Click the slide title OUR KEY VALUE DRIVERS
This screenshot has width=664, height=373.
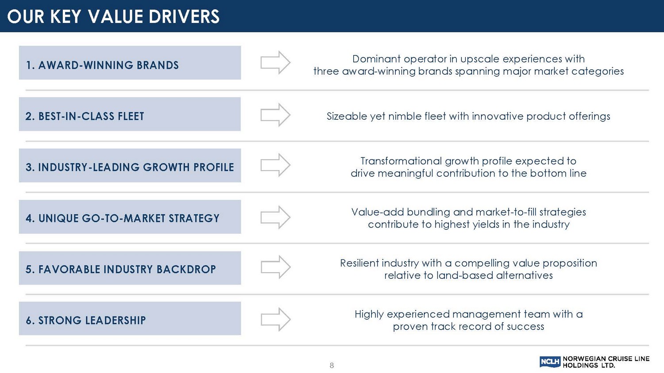coord(113,16)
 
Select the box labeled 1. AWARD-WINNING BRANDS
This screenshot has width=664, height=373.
coord(130,62)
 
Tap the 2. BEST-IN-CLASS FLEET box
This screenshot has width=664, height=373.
coord(130,114)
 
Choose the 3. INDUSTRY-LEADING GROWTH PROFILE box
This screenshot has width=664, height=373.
coord(130,165)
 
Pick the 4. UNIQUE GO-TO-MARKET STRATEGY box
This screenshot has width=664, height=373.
coord(130,217)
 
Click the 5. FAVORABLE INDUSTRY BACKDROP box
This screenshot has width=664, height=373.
coord(130,268)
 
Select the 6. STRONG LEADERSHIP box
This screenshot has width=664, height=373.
coord(130,318)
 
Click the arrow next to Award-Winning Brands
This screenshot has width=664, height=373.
coord(275,62)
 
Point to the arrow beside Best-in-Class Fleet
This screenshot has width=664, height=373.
coord(275,115)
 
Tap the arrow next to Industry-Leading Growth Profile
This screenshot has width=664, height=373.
coord(275,165)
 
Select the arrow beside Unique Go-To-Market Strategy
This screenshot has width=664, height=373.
coord(275,217)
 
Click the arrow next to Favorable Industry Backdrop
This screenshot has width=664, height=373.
coord(276,267)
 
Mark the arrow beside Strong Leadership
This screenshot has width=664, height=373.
coord(276,320)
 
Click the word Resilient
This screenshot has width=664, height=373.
coord(359,263)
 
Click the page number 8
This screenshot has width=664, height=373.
coord(332,365)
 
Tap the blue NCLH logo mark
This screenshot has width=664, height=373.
coord(550,362)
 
